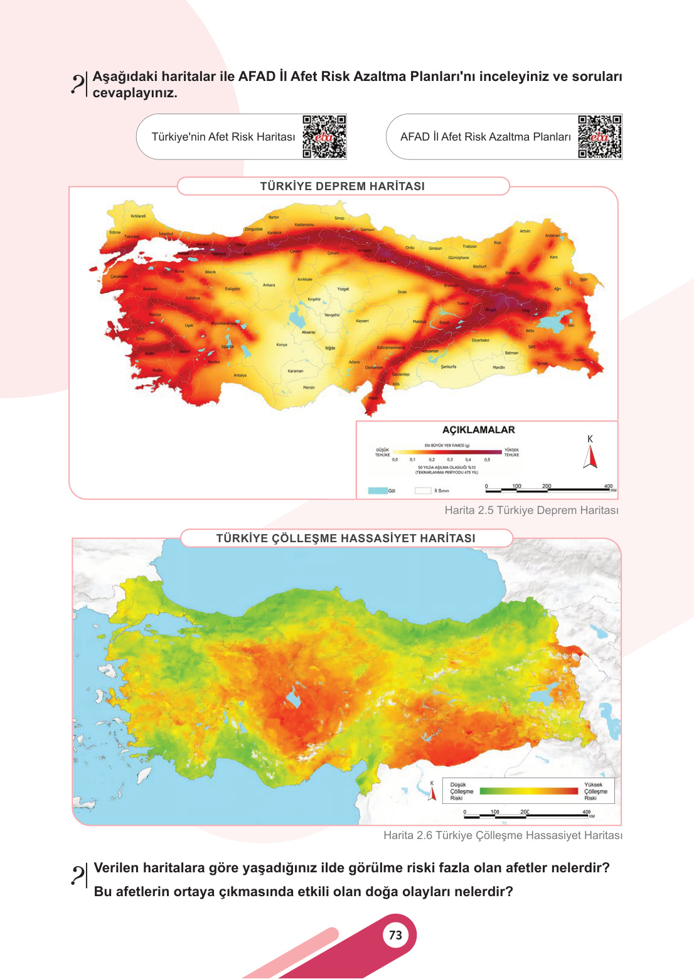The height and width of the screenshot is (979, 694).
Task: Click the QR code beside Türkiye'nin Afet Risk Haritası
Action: pos(324,136)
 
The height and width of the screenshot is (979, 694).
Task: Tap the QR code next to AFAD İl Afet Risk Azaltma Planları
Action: pos(599,136)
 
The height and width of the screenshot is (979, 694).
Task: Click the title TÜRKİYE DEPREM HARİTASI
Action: pos(342,186)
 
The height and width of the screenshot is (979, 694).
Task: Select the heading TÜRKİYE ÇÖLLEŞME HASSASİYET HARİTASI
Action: pos(346,538)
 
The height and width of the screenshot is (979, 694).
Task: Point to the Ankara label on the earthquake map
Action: pos(269,285)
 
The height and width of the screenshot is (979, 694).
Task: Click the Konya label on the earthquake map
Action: pos(282,345)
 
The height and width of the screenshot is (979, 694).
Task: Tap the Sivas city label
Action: pos(402,292)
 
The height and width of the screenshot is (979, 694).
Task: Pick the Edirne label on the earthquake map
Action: pos(115,232)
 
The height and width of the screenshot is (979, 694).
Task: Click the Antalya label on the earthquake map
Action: pos(240,375)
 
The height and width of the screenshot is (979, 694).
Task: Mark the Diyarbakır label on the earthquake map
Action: pos(480,340)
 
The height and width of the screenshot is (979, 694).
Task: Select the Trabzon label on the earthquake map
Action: pos(469,247)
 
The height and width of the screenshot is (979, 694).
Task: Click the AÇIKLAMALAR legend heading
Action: pos(478,430)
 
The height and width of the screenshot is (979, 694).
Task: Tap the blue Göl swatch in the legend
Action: pos(377,491)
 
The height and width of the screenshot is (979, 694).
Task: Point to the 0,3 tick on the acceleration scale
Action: pos(450,459)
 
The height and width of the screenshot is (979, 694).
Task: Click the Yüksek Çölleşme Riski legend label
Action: pos(595,791)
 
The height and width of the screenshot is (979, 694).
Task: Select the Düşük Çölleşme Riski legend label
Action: pos(461,791)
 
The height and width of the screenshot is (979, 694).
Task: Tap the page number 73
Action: pos(395,935)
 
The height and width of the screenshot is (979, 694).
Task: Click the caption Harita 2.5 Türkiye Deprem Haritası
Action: pos(531,510)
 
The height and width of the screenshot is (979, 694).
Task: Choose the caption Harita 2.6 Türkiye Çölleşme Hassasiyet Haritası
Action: pos(503,835)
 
